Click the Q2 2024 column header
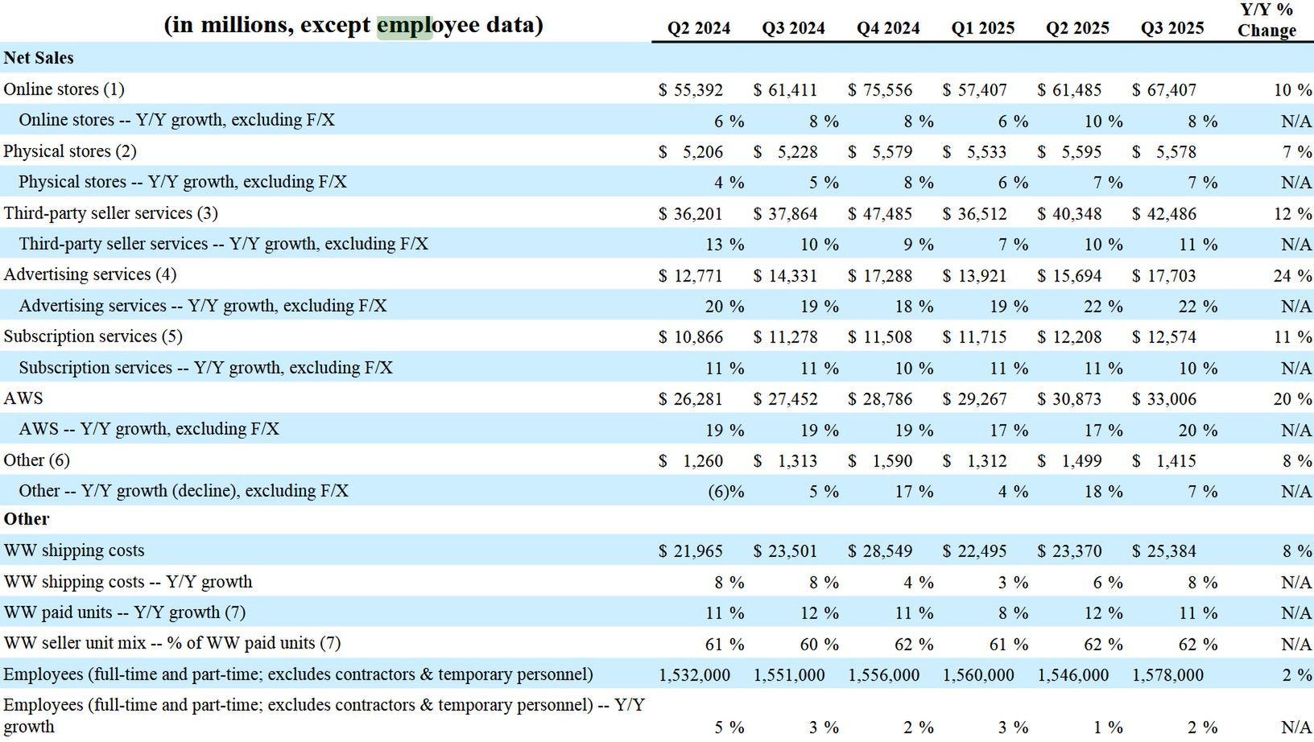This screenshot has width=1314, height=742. [698, 29]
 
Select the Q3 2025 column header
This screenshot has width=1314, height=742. [1171, 29]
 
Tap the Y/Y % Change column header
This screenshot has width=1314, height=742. [1266, 20]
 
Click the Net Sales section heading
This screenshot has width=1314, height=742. [39, 58]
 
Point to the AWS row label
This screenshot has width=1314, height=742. [23, 398]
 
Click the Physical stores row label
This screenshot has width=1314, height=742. [70, 151]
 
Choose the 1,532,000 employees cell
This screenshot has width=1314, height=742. [694, 675]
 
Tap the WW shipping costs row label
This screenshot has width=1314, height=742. [74, 550]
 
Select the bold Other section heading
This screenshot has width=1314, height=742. [27, 519]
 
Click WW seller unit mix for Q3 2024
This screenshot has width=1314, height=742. [820, 645]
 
